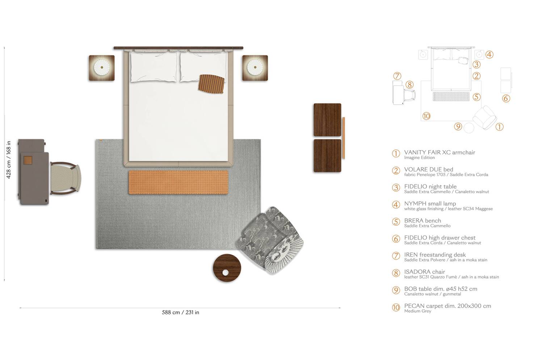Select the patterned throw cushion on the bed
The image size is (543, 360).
click(212, 84)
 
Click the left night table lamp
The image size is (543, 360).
click(102, 68)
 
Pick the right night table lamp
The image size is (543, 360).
click(255, 68)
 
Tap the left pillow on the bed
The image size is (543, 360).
click(153, 68)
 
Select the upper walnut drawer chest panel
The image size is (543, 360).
click(327, 120)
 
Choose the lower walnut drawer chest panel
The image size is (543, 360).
click(327, 156)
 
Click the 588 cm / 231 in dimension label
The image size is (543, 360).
click(180, 313)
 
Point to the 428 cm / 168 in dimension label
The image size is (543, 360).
click(9, 160)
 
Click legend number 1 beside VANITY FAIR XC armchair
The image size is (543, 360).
click(396, 153)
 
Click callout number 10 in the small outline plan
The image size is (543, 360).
click(426, 116)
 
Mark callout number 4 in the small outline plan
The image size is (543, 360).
click(489, 55)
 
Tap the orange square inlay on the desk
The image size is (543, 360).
click(28, 161)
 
